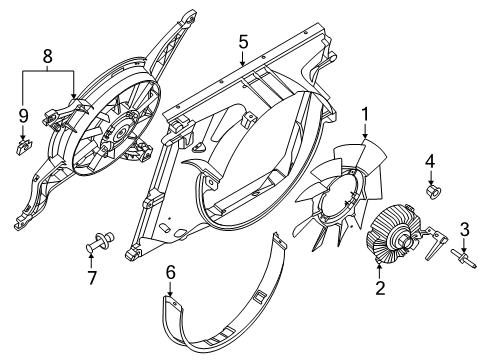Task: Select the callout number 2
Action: point(379,290)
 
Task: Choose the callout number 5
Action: point(242,42)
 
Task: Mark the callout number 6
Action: point(170,270)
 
